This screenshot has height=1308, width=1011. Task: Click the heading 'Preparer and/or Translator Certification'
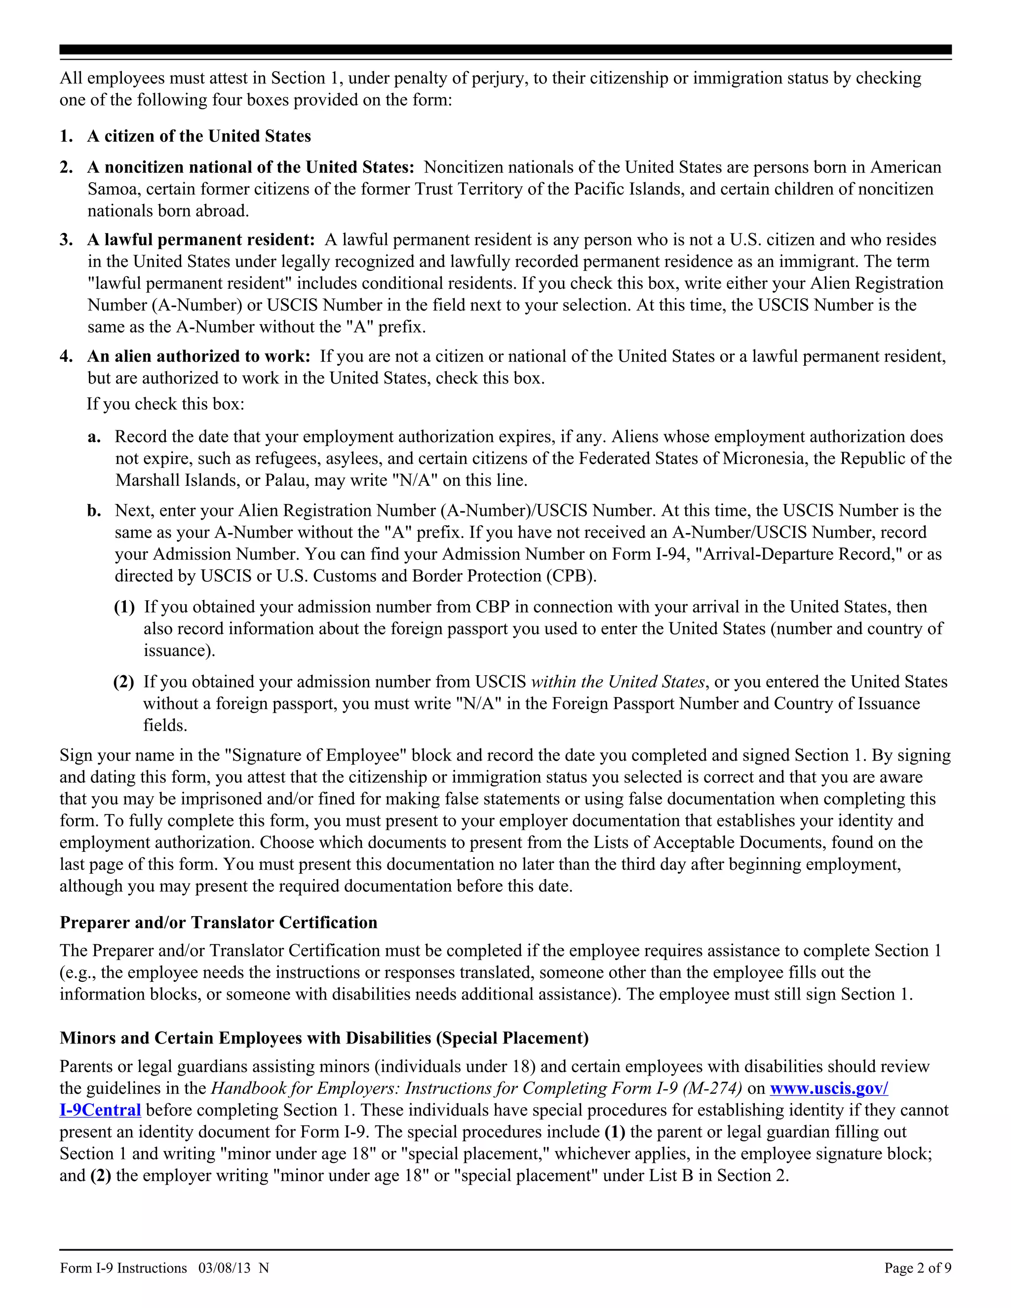(219, 923)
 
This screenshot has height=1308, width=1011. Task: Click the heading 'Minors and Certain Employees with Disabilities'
(323, 1038)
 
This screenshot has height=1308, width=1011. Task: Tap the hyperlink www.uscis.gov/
(828, 1088)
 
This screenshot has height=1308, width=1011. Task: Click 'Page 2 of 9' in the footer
(918, 1268)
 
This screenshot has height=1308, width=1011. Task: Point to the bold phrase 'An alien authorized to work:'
(199, 356)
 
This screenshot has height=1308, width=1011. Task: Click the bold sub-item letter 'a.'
(94, 437)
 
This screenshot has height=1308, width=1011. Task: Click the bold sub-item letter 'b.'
(94, 511)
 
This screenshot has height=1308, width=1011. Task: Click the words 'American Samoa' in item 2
(904, 167)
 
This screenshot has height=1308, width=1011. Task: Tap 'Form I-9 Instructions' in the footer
(123, 1268)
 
